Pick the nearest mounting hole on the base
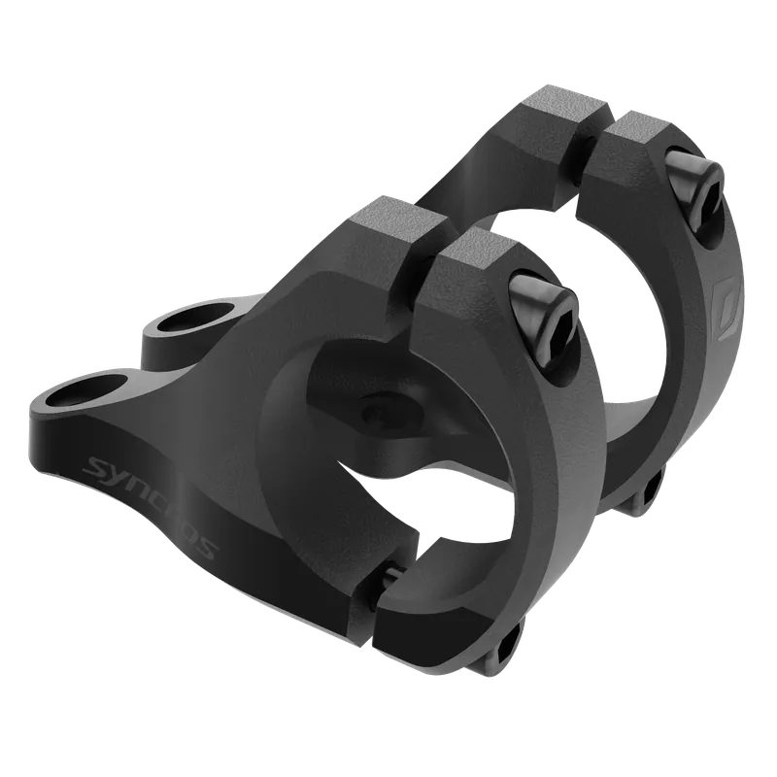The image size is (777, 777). click(85, 390)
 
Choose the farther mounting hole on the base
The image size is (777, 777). click(197, 317)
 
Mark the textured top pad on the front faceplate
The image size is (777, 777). click(477, 247)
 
